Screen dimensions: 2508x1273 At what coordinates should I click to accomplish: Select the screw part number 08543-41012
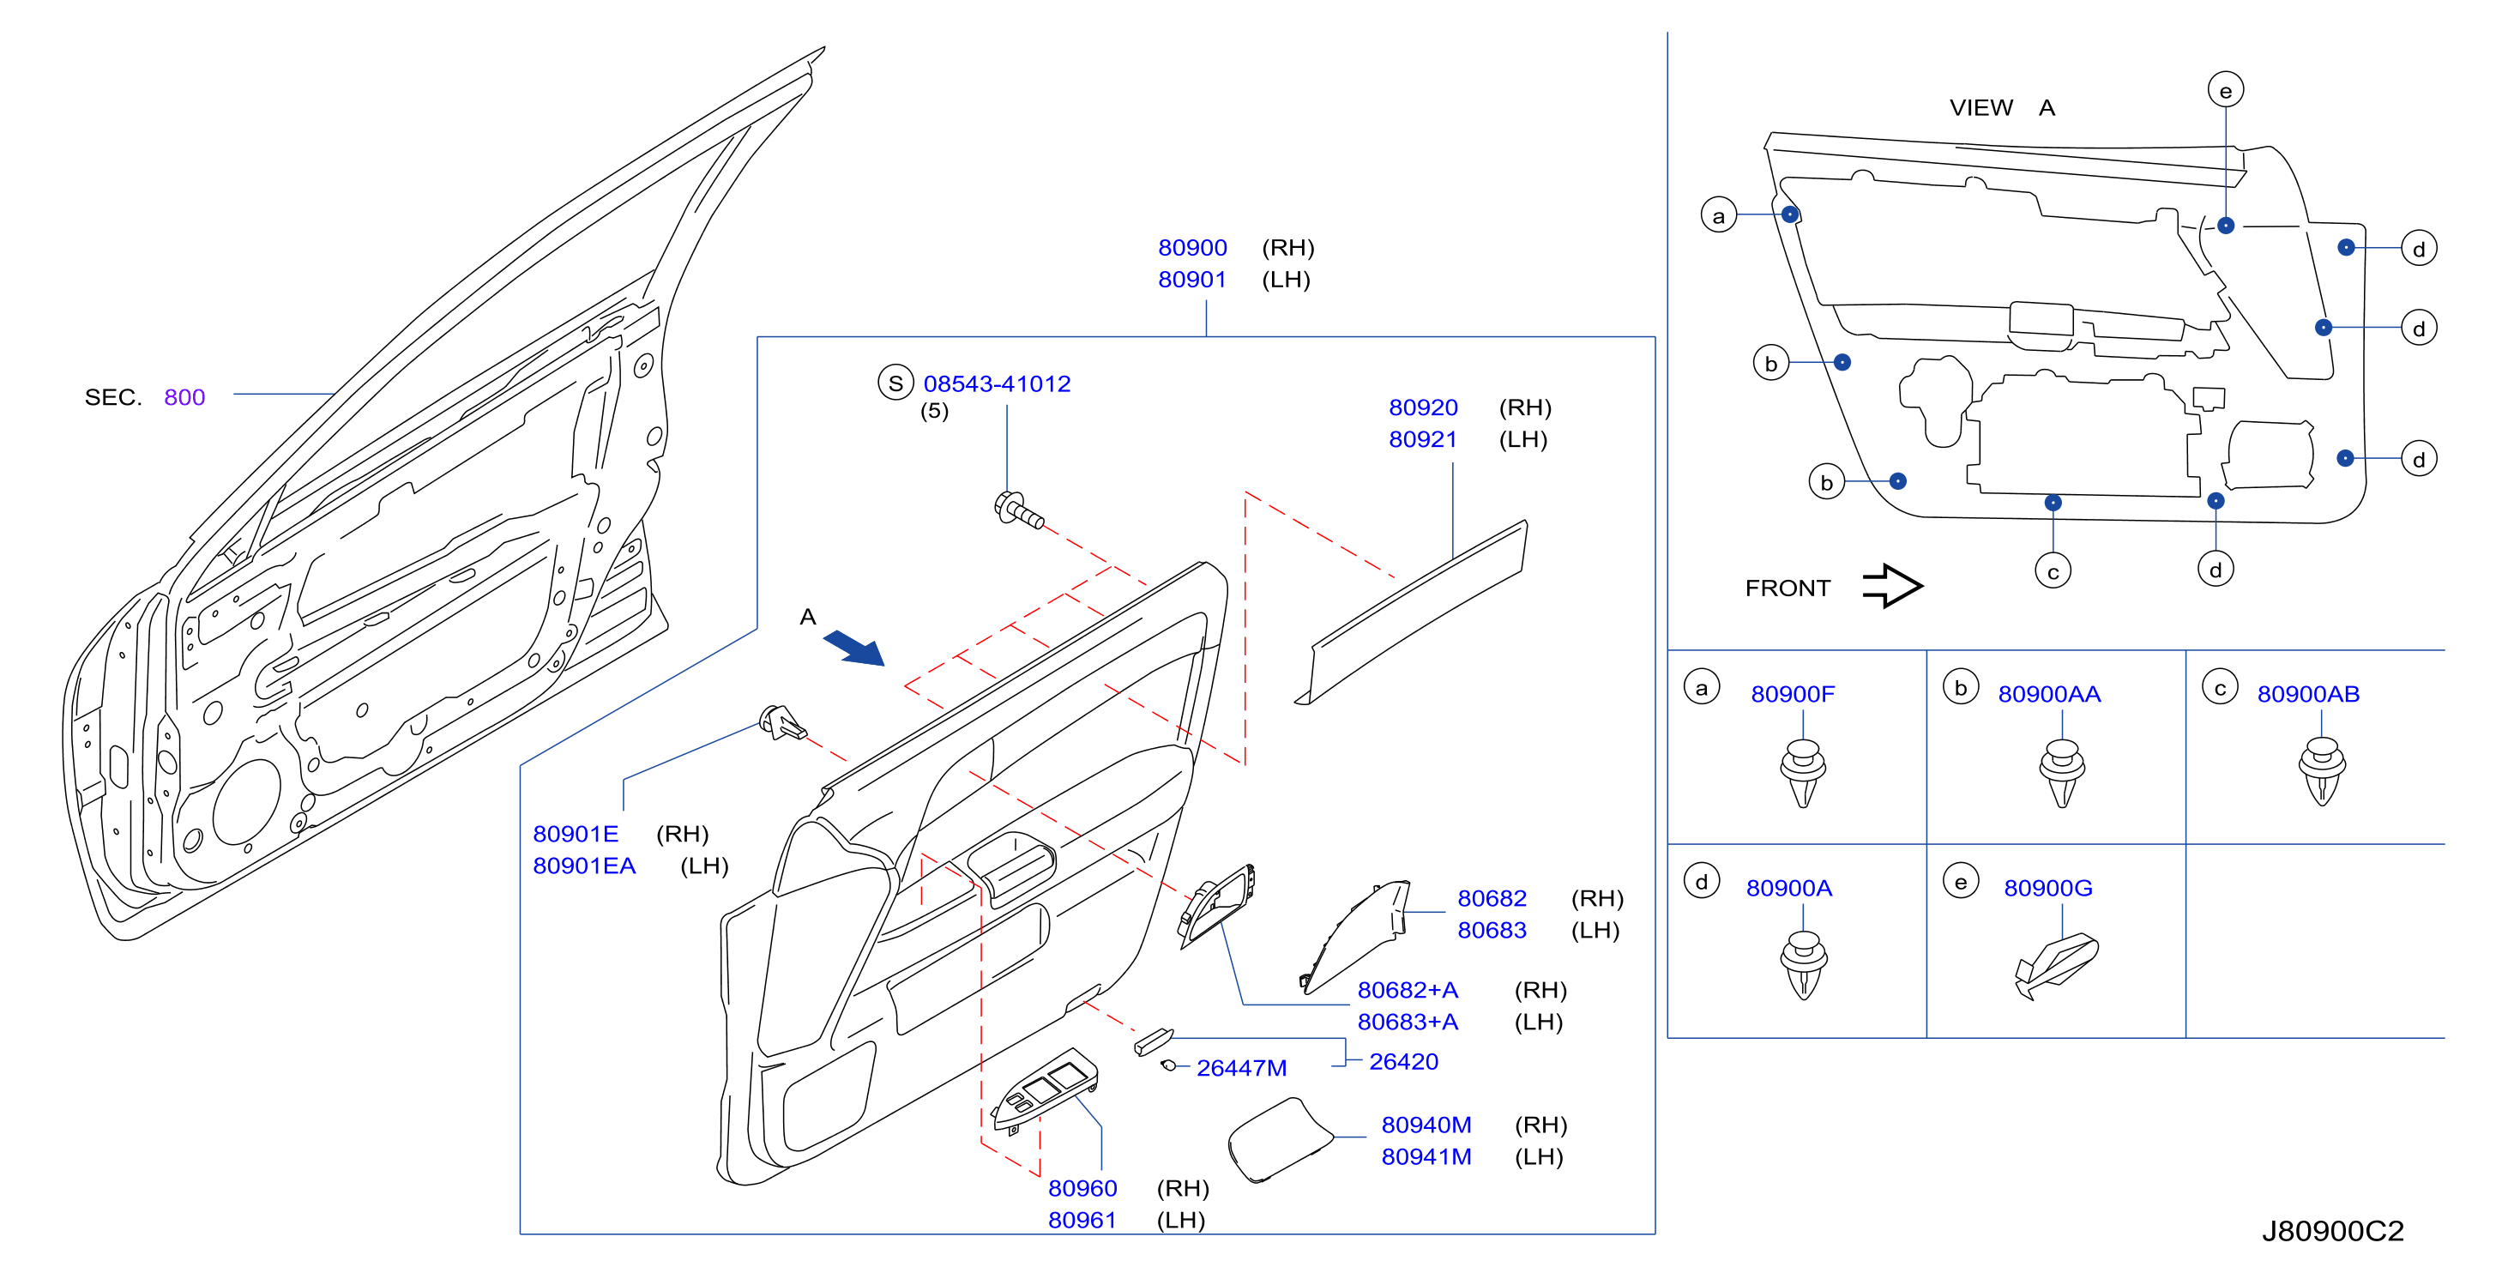996,383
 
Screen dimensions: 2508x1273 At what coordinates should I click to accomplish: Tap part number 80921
1422,439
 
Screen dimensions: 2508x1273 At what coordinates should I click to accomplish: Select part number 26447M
1241,1069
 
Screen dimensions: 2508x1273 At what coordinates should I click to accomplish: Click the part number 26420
1403,1062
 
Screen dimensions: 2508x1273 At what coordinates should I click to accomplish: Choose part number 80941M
1426,1157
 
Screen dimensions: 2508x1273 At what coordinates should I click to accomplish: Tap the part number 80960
1082,1188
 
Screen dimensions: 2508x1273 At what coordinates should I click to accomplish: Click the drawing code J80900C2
2332,1231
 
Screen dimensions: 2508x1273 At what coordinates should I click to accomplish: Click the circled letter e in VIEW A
2225,91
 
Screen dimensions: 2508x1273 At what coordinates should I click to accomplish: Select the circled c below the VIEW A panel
2053,571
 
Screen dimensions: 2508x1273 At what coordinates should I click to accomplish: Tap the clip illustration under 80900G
2055,966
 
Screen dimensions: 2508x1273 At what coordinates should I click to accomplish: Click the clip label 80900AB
2307,695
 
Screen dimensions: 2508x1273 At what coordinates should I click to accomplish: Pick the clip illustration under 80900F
1802,774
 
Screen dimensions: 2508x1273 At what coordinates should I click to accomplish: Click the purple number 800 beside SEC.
184,397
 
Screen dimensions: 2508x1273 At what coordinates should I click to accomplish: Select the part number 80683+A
1407,1022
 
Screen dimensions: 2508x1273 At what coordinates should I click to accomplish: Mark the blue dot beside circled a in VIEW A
1789,214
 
